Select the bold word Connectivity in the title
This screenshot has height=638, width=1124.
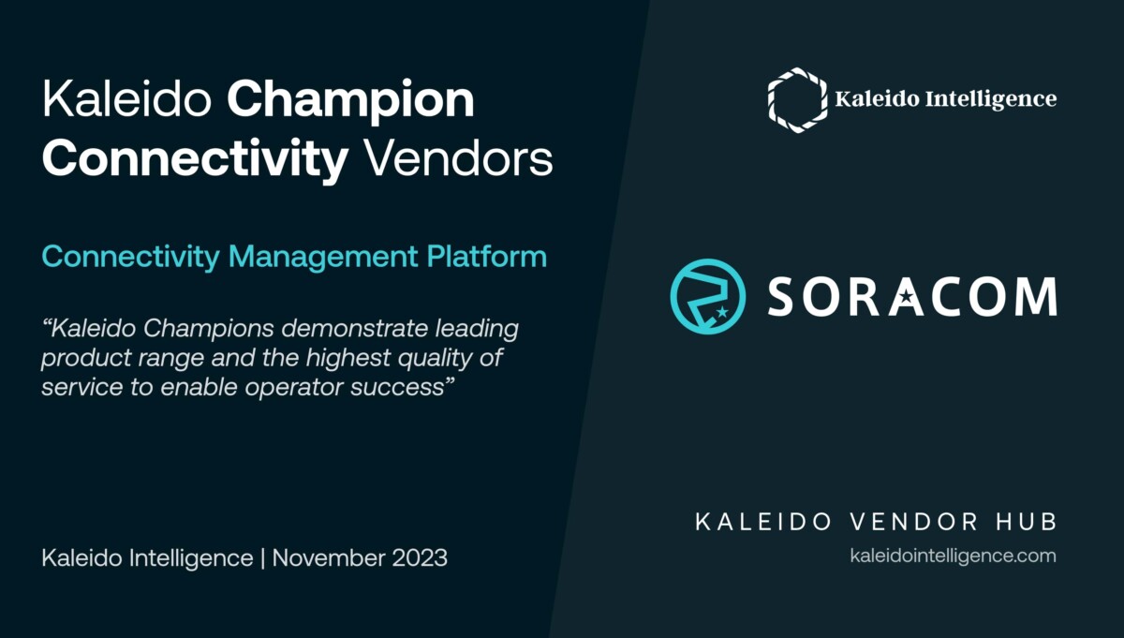[195, 159]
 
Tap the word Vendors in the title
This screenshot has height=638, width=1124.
[457, 159]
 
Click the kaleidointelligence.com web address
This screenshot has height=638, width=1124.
[953, 556]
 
